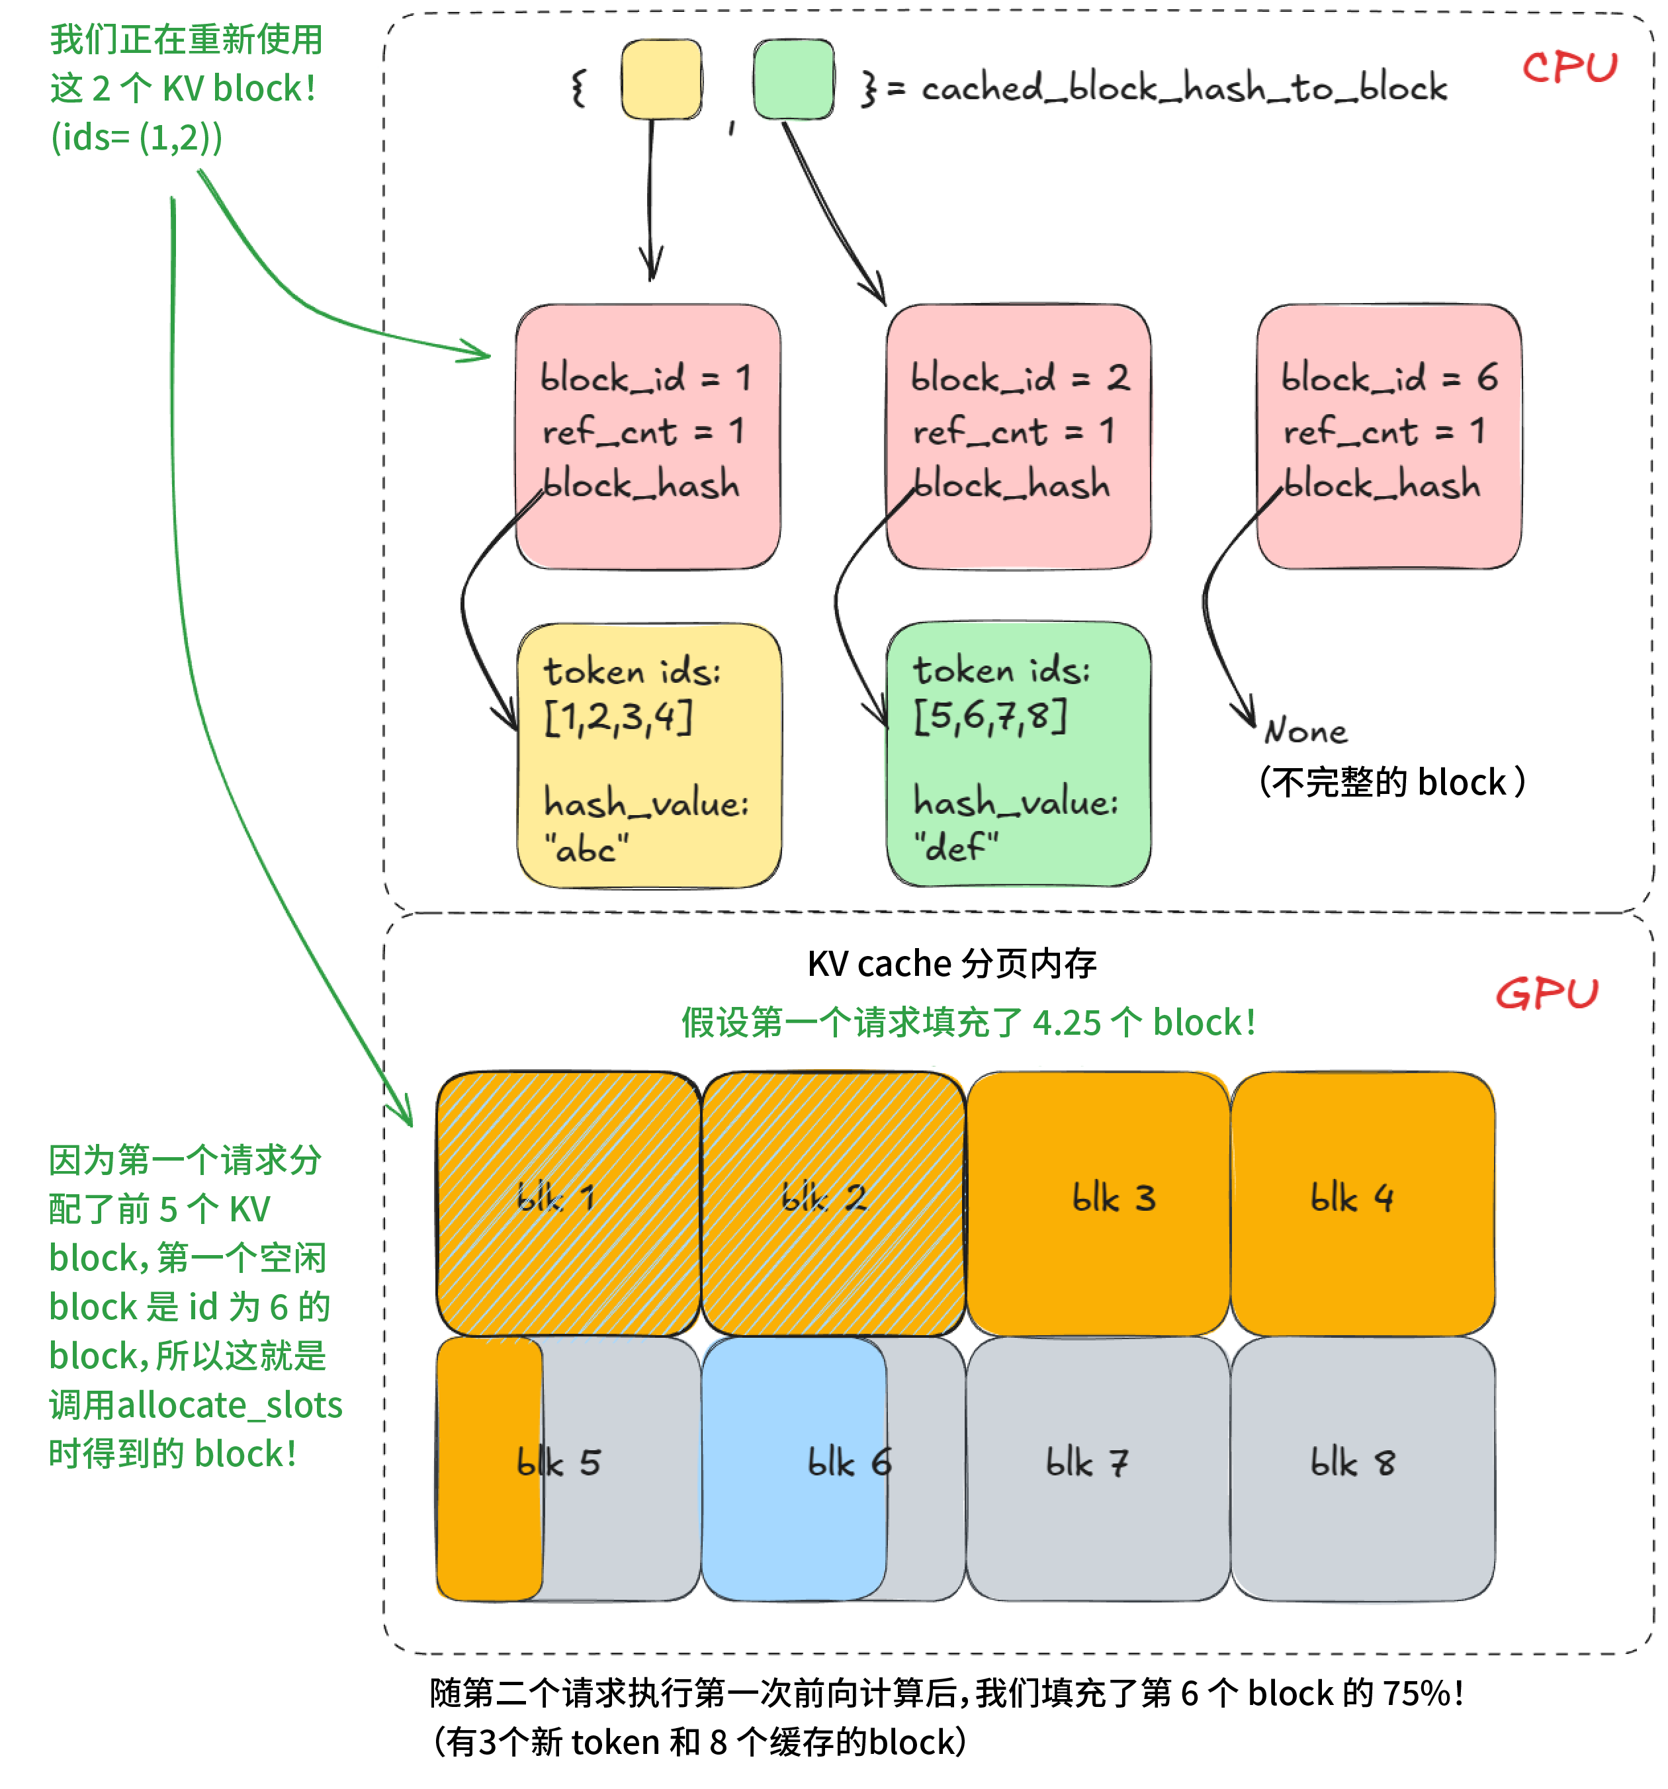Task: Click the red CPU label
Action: coord(1569,67)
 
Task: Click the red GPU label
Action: coord(1546,994)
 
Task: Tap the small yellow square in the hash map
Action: coord(661,79)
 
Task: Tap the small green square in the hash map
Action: coord(793,79)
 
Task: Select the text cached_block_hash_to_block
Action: coord(1183,88)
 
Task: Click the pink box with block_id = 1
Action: coord(647,437)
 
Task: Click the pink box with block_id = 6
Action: coord(1388,437)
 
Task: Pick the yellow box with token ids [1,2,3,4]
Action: coord(648,756)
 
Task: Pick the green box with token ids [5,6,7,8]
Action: coord(1018,754)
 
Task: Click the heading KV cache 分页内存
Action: coord(951,963)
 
